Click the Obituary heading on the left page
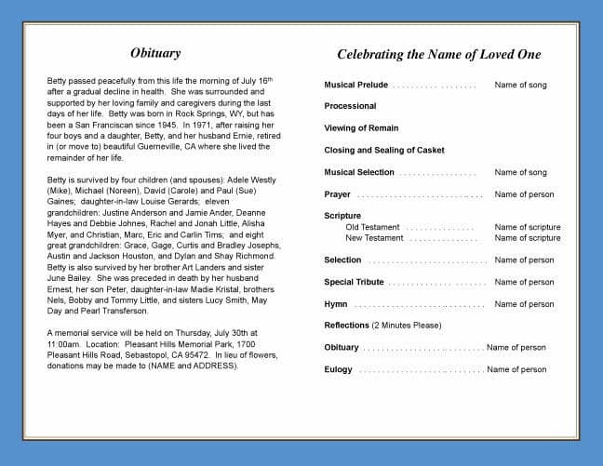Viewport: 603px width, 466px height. click(155, 53)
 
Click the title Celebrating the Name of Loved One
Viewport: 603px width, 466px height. click(438, 55)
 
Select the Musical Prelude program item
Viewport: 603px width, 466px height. click(356, 85)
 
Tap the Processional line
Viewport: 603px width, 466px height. click(350, 106)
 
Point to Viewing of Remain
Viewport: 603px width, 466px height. click(361, 128)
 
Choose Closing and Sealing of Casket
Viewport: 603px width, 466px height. click(384, 150)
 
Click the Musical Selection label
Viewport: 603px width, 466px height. click(359, 172)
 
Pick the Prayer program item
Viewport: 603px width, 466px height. click(337, 194)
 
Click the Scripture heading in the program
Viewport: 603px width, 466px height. click(342, 216)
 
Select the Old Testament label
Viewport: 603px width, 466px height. click(372, 227)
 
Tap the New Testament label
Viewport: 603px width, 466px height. click(374, 238)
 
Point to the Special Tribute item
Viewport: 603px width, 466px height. click(354, 282)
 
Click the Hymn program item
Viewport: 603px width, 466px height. click(336, 304)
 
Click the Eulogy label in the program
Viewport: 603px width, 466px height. click(338, 369)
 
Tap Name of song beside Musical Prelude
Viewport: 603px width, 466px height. click(520, 85)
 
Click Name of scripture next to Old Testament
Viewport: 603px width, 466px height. click(528, 227)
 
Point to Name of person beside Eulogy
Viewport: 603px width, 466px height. click(516, 369)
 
